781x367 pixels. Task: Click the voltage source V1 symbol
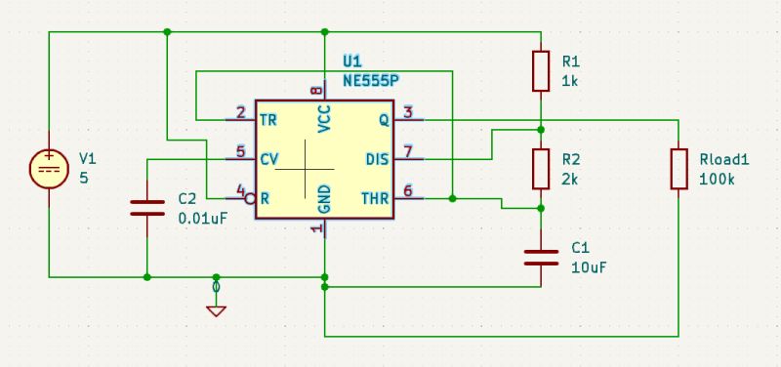(x=48, y=168)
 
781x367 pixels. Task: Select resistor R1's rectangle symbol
(x=541, y=70)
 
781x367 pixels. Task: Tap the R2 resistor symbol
(x=541, y=168)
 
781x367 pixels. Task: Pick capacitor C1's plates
(x=541, y=257)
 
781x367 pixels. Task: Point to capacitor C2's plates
(x=146, y=207)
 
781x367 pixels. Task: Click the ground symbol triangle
(x=216, y=310)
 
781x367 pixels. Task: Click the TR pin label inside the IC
(x=268, y=120)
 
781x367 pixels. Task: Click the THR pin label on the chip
(x=375, y=198)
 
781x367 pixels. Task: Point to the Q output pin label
(x=383, y=120)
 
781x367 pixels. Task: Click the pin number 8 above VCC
(x=315, y=91)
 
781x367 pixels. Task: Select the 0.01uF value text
(x=203, y=219)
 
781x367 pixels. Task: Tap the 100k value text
(x=718, y=180)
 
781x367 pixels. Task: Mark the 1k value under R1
(x=570, y=82)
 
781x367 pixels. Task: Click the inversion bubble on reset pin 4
(x=251, y=198)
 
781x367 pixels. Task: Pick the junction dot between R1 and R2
(x=541, y=129)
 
